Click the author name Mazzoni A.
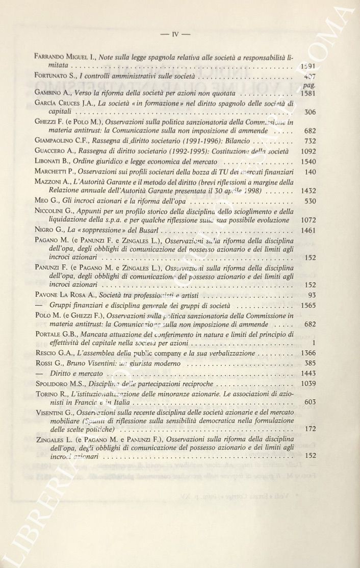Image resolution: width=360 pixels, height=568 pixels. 55,182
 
